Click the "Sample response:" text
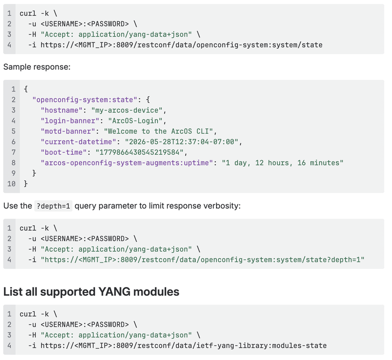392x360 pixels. coord(37,67)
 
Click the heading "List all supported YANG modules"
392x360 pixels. coord(91,291)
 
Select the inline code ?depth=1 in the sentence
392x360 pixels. coord(53,206)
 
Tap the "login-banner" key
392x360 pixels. coord(70,120)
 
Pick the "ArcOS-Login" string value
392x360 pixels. coord(135,120)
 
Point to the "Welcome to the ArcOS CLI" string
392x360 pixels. coord(158,131)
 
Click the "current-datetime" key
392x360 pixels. coord(78,142)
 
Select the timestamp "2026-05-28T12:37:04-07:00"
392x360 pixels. coord(181,142)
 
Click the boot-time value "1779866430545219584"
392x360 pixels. coord(140,152)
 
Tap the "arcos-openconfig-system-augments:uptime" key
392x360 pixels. coord(127,163)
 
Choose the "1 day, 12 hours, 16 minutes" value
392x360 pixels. coord(283,163)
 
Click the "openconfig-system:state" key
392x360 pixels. coord(85,100)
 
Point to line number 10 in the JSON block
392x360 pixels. coord(11,184)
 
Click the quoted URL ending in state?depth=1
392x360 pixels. coord(202,260)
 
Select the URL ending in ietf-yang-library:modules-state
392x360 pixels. coord(183,345)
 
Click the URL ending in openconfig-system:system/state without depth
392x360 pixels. coord(181,45)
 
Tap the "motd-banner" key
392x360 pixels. coord(68,131)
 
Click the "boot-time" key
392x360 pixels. coord(64,152)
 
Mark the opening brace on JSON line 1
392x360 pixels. coord(26,89)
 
